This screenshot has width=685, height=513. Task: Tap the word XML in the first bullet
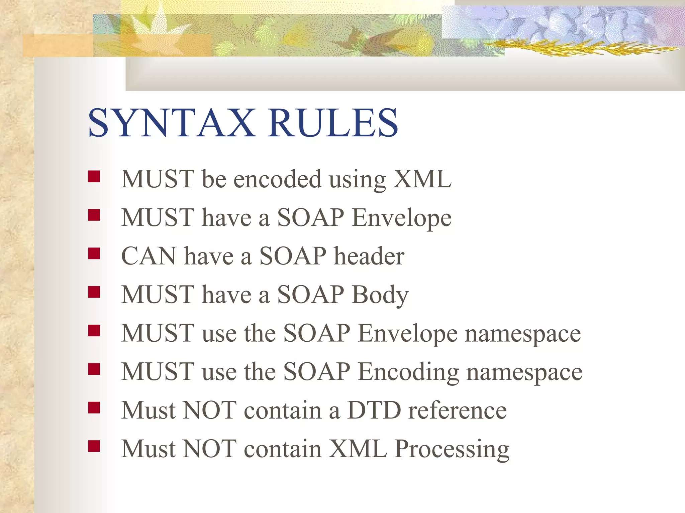(422, 179)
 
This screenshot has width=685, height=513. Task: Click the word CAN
(149, 256)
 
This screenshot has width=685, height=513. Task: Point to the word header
(369, 256)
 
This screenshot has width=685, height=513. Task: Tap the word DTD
(374, 410)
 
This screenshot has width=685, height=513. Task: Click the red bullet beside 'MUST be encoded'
(94, 176)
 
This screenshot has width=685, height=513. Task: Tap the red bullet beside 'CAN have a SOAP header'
(94, 253)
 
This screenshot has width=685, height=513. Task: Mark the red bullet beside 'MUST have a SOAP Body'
(94, 292)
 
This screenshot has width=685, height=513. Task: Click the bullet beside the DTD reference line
(94, 407)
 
